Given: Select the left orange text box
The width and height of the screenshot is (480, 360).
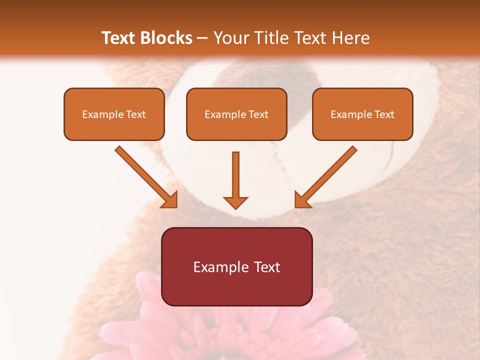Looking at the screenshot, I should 114,114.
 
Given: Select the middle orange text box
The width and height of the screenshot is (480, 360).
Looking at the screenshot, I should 236,114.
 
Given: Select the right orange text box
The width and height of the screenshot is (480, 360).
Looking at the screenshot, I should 362,114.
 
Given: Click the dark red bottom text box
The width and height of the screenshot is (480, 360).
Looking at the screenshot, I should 236,266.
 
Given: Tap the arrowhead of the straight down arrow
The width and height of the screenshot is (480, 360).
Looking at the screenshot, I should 235,202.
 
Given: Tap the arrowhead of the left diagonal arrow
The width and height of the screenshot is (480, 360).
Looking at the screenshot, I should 170,200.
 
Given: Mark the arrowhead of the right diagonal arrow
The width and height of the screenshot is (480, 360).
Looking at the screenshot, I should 301,200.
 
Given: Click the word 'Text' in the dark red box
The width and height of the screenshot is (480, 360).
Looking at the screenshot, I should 267,267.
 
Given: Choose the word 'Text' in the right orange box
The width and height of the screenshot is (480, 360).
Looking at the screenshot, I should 384,114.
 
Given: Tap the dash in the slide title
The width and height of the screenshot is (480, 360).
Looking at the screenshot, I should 202,38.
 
